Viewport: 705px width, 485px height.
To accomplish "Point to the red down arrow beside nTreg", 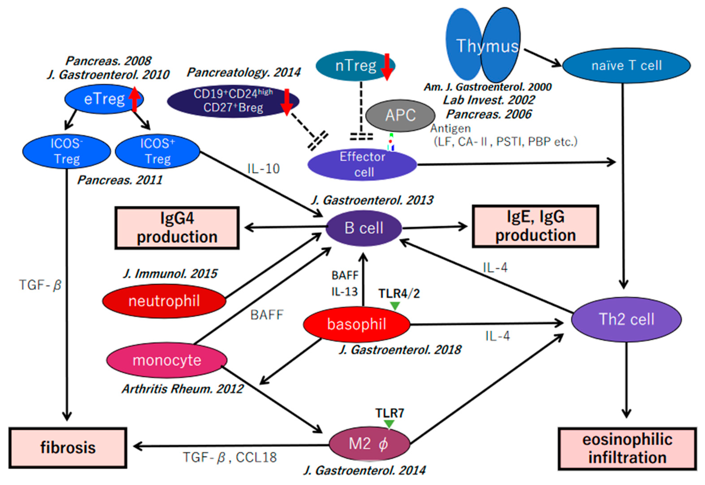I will tap(387, 67).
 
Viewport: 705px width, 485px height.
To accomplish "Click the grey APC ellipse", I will tap(400, 115).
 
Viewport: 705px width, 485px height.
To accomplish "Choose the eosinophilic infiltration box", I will tap(627, 449).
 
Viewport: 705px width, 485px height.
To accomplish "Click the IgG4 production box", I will tap(177, 228).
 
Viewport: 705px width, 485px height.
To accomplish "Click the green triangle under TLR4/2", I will tap(395, 305).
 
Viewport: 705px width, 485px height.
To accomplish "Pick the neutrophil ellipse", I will tap(164, 301).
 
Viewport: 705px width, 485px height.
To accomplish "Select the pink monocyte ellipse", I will tap(166, 360).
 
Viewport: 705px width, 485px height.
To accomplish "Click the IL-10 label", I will tap(263, 169).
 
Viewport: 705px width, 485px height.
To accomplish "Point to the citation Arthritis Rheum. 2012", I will tap(182, 389).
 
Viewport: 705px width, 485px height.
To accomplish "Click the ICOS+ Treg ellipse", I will tap(157, 151).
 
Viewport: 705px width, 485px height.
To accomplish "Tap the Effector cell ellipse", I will tap(362, 164).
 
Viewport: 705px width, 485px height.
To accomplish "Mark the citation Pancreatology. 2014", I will tap(243, 72).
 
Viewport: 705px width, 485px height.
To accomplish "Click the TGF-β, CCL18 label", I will tap(230, 457).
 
